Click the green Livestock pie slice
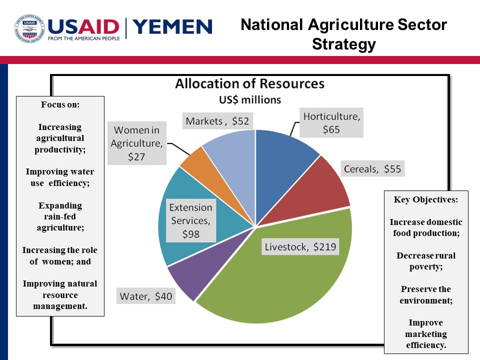(x=280, y=280)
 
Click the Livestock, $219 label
(x=300, y=246)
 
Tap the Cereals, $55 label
(x=372, y=169)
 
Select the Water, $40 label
(x=146, y=296)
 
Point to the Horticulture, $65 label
(x=331, y=123)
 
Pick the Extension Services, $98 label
(x=190, y=220)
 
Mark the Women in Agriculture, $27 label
(x=137, y=144)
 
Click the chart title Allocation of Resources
(x=249, y=83)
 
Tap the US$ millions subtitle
(x=249, y=99)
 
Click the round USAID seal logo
(x=29, y=28)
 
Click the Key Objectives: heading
(x=425, y=199)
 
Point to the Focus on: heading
(x=60, y=105)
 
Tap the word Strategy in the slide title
(x=343, y=44)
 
